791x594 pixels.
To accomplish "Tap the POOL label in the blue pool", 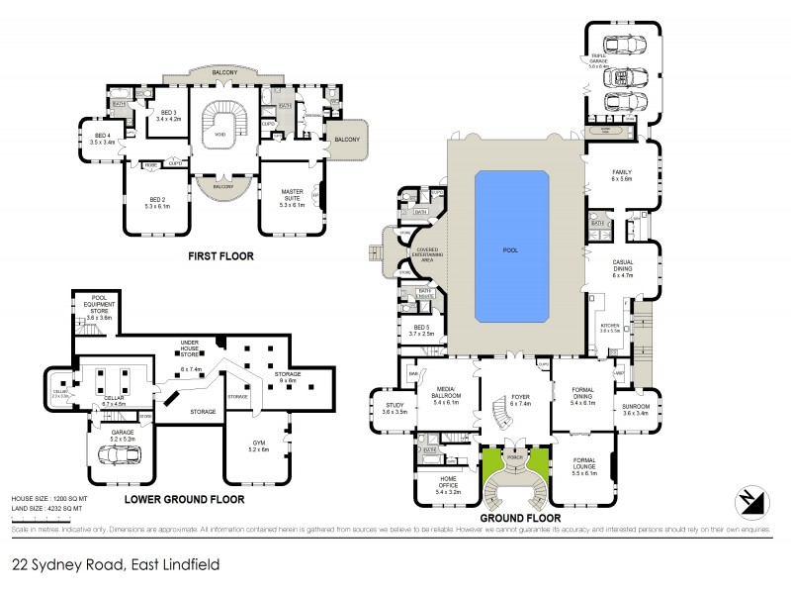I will coord(511,249).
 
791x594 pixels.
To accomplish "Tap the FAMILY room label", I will coord(620,175).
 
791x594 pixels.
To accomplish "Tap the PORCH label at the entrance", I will coord(513,458).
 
